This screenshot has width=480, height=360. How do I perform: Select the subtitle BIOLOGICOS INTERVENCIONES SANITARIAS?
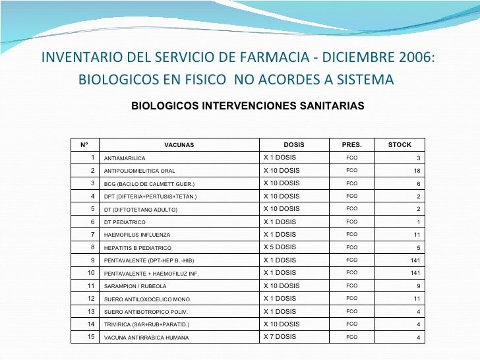(x=248, y=105)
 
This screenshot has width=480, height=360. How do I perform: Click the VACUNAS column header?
(x=179, y=145)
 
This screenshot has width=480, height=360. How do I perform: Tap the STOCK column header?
(x=400, y=145)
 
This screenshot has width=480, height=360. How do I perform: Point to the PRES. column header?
(x=351, y=145)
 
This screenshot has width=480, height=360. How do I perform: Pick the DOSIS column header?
(x=294, y=145)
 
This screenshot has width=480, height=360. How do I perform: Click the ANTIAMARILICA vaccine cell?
(x=125, y=158)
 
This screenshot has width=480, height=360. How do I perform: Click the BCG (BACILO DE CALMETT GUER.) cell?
(x=149, y=184)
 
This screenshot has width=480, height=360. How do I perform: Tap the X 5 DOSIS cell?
(x=280, y=247)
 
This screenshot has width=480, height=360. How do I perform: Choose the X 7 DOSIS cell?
(x=280, y=337)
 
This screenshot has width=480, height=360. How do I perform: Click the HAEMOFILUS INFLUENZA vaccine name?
(x=137, y=235)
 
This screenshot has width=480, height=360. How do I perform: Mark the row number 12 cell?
(x=91, y=299)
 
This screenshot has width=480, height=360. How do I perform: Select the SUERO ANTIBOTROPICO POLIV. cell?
(x=146, y=312)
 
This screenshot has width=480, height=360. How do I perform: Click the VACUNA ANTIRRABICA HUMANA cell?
(x=146, y=338)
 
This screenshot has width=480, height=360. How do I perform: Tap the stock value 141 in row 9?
(x=415, y=260)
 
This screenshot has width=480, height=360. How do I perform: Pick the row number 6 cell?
(x=93, y=222)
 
